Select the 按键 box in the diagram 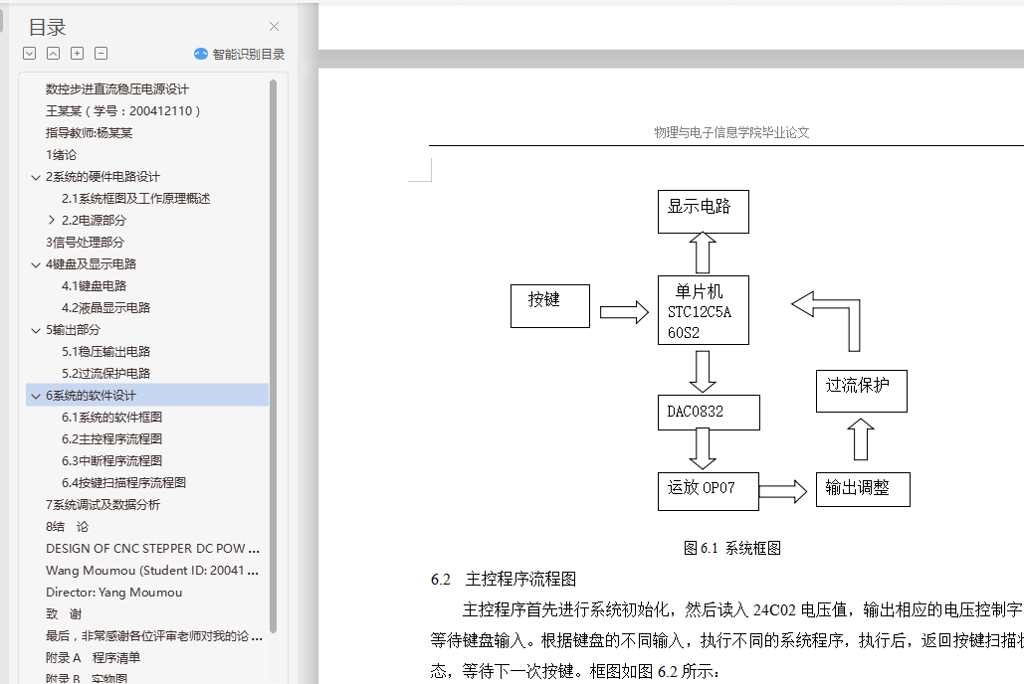550,305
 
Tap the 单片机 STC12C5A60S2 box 703,310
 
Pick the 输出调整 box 863,489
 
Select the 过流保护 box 862,390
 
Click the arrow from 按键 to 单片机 624,312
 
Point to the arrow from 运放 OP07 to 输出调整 783,490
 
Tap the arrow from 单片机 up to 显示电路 703,253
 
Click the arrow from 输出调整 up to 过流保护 862,438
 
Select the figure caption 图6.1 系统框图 731,548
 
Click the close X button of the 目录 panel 275,27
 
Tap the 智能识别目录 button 240,55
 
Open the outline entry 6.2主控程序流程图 111,438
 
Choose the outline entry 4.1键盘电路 94,285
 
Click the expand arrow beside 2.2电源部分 52,220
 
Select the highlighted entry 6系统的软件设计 91,395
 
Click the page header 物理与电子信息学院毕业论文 731,132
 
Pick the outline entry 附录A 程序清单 93,657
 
